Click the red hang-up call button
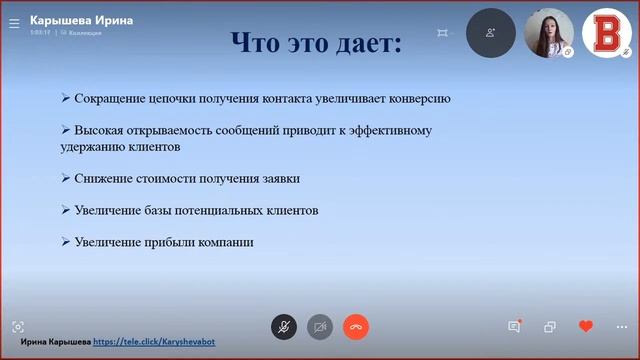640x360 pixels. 356,327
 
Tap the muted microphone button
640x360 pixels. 284,327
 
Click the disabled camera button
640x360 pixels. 320,327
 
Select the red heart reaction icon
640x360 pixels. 586,327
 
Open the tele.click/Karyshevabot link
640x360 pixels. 154,342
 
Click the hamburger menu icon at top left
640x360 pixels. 14,22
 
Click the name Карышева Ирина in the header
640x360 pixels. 82,19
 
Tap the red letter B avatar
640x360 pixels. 606,33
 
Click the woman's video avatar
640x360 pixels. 549,33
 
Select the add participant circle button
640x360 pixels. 491,33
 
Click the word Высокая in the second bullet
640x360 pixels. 99,130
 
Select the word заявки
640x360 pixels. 279,178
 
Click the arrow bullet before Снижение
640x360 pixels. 65,178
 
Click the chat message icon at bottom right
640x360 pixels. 514,327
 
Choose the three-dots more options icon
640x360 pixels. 622,327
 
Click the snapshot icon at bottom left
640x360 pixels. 18,327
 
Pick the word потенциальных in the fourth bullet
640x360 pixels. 212,210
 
